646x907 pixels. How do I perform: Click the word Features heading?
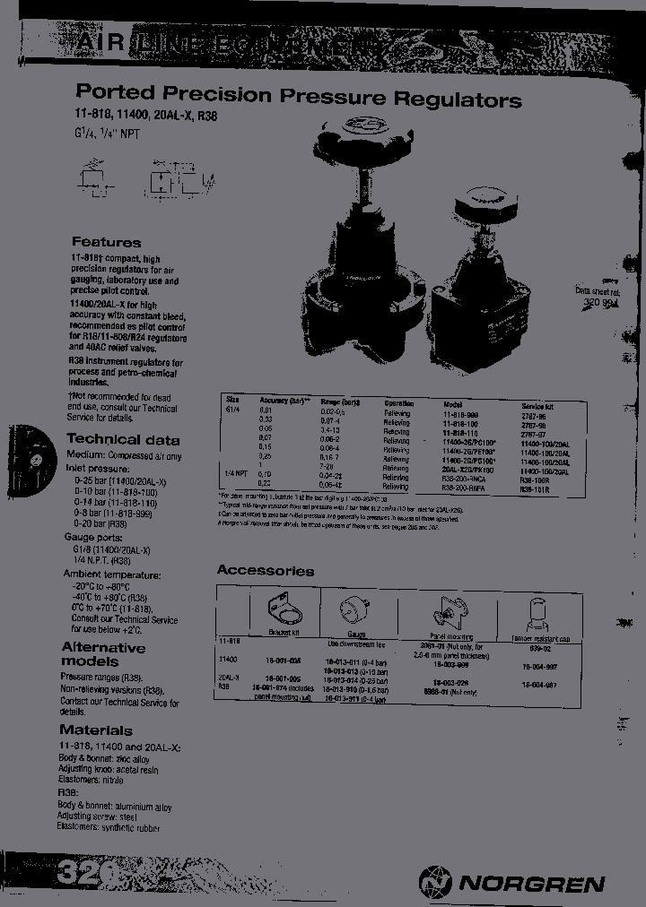(x=106, y=242)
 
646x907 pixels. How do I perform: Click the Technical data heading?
(x=123, y=439)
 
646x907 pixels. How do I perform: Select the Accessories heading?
(x=265, y=570)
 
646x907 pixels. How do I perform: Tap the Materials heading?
(x=96, y=730)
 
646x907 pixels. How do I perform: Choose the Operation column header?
(x=399, y=404)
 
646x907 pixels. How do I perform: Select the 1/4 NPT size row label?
(x=234, y=472)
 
